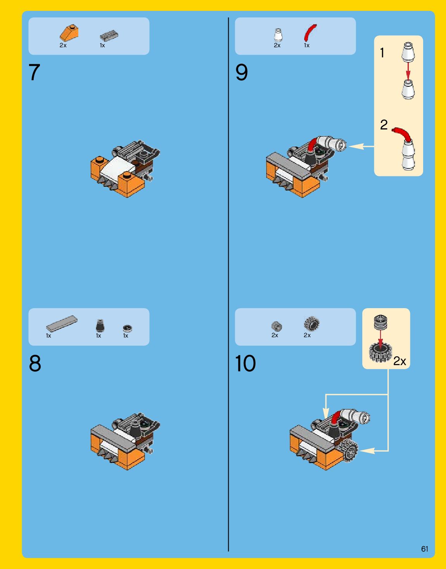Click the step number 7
click(34, 72)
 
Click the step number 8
click(35, 363)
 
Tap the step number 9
click(241, 72)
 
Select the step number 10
click(245, 363)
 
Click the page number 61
click(425, 549)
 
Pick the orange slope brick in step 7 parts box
click(69, 33)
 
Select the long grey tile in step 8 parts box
click(62, 324)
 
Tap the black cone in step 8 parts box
click(100, 326)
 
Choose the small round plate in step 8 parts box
click(127, 328)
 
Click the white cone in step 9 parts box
click(278, 35)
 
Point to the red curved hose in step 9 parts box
click(310, 32)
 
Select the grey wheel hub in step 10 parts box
click(277, 326)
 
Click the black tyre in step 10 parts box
click(312, 324)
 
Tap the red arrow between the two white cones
click(408, 71)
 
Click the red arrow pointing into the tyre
click(381, 337)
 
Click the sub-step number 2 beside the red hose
click(384, 125)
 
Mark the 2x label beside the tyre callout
click(400, 361)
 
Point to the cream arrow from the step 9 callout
click(362, 147)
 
